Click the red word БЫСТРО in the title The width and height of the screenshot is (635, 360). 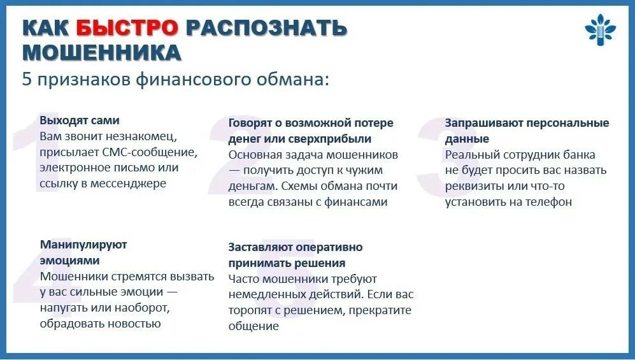(x=127, y=28)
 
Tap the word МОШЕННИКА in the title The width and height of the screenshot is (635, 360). (x=102, y=53)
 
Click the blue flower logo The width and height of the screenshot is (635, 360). (x=600, y=29)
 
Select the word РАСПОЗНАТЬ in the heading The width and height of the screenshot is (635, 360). (x=266, y=28)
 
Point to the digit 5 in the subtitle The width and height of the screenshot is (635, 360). (x=27, y=80)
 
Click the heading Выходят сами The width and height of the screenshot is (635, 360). (x=80, y=120)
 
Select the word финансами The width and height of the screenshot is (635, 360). (x=356, y=202)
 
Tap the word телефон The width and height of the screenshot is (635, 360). (x=548, y=202)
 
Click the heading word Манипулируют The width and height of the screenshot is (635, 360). (x=83, y=245)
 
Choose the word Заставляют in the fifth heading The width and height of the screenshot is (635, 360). (x=260, y=247)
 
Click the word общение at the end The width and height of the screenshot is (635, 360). (x=253, y=326)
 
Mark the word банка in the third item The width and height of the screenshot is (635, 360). (x=579, y=155)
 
